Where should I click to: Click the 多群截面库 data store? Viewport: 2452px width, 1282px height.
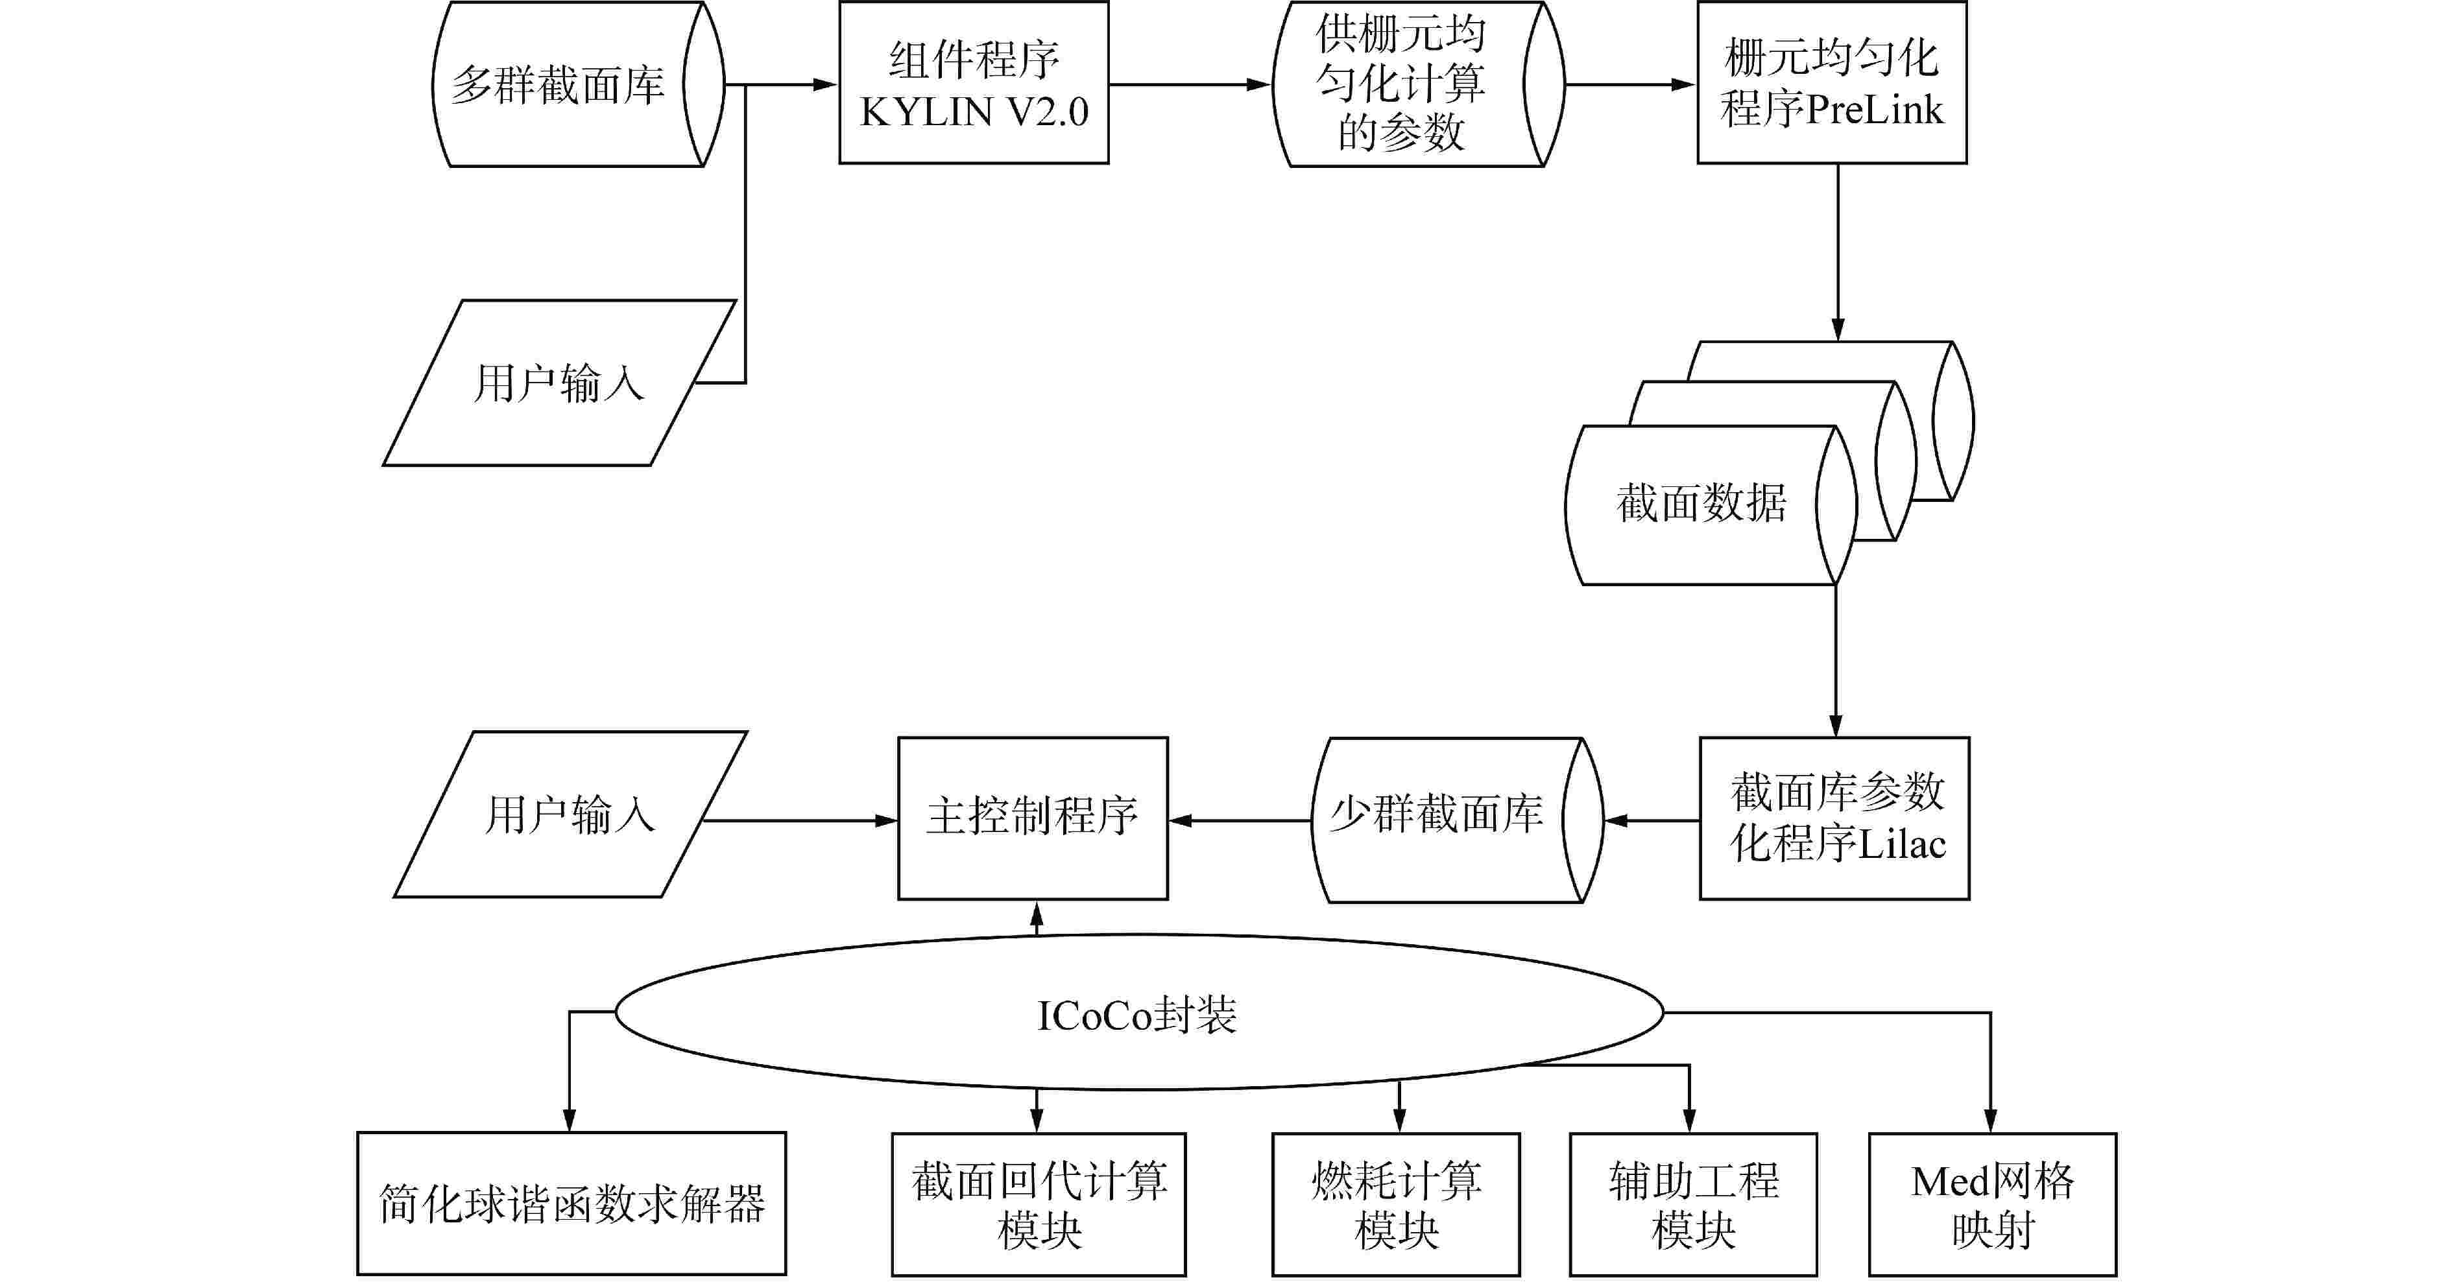562,85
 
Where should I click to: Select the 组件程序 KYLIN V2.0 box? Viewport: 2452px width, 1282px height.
973,84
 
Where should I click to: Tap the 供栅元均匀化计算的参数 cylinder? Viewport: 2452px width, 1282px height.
1400,85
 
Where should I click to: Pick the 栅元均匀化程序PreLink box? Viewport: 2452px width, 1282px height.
1831,84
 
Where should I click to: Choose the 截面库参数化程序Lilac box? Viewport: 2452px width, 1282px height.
1834,818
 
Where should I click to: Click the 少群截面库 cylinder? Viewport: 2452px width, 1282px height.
1437,818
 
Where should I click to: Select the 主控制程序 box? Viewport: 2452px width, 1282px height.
1033,818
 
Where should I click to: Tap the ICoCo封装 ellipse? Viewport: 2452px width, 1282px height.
1138,1013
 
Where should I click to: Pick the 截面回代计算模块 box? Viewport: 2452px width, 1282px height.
1039,1204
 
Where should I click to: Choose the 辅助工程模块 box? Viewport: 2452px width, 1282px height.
1693,1204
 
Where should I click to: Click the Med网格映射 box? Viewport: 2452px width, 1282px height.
1992,1204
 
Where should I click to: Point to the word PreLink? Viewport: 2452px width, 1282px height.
1873,110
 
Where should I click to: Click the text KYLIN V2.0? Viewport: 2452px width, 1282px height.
974,112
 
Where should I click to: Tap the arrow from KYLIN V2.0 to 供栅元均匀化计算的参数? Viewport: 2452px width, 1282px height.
1190,85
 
